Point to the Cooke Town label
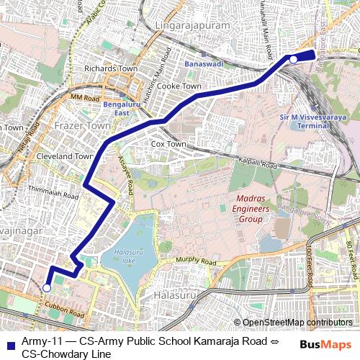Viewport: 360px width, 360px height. [179, 85]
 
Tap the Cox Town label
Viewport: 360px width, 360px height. [168, 144]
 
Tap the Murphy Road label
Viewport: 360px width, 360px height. [192, 262]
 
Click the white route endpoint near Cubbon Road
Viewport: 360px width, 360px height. [47, 287]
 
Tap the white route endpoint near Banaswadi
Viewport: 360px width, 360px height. [293, 60]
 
